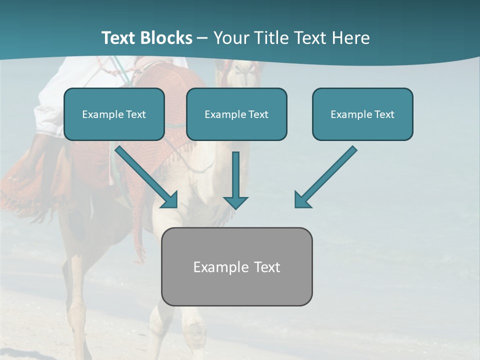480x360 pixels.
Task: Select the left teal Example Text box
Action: (114, 114)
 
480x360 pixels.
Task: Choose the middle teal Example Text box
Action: (236, 114)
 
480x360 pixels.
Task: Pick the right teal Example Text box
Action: (362, 114)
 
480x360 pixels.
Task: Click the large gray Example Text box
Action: (236, 266)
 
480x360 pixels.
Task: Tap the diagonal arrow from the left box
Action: (145, 176)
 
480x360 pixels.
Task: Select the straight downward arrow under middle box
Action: (235, 177)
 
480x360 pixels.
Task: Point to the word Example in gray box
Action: (217, 267)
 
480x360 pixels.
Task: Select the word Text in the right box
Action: (384, 114)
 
